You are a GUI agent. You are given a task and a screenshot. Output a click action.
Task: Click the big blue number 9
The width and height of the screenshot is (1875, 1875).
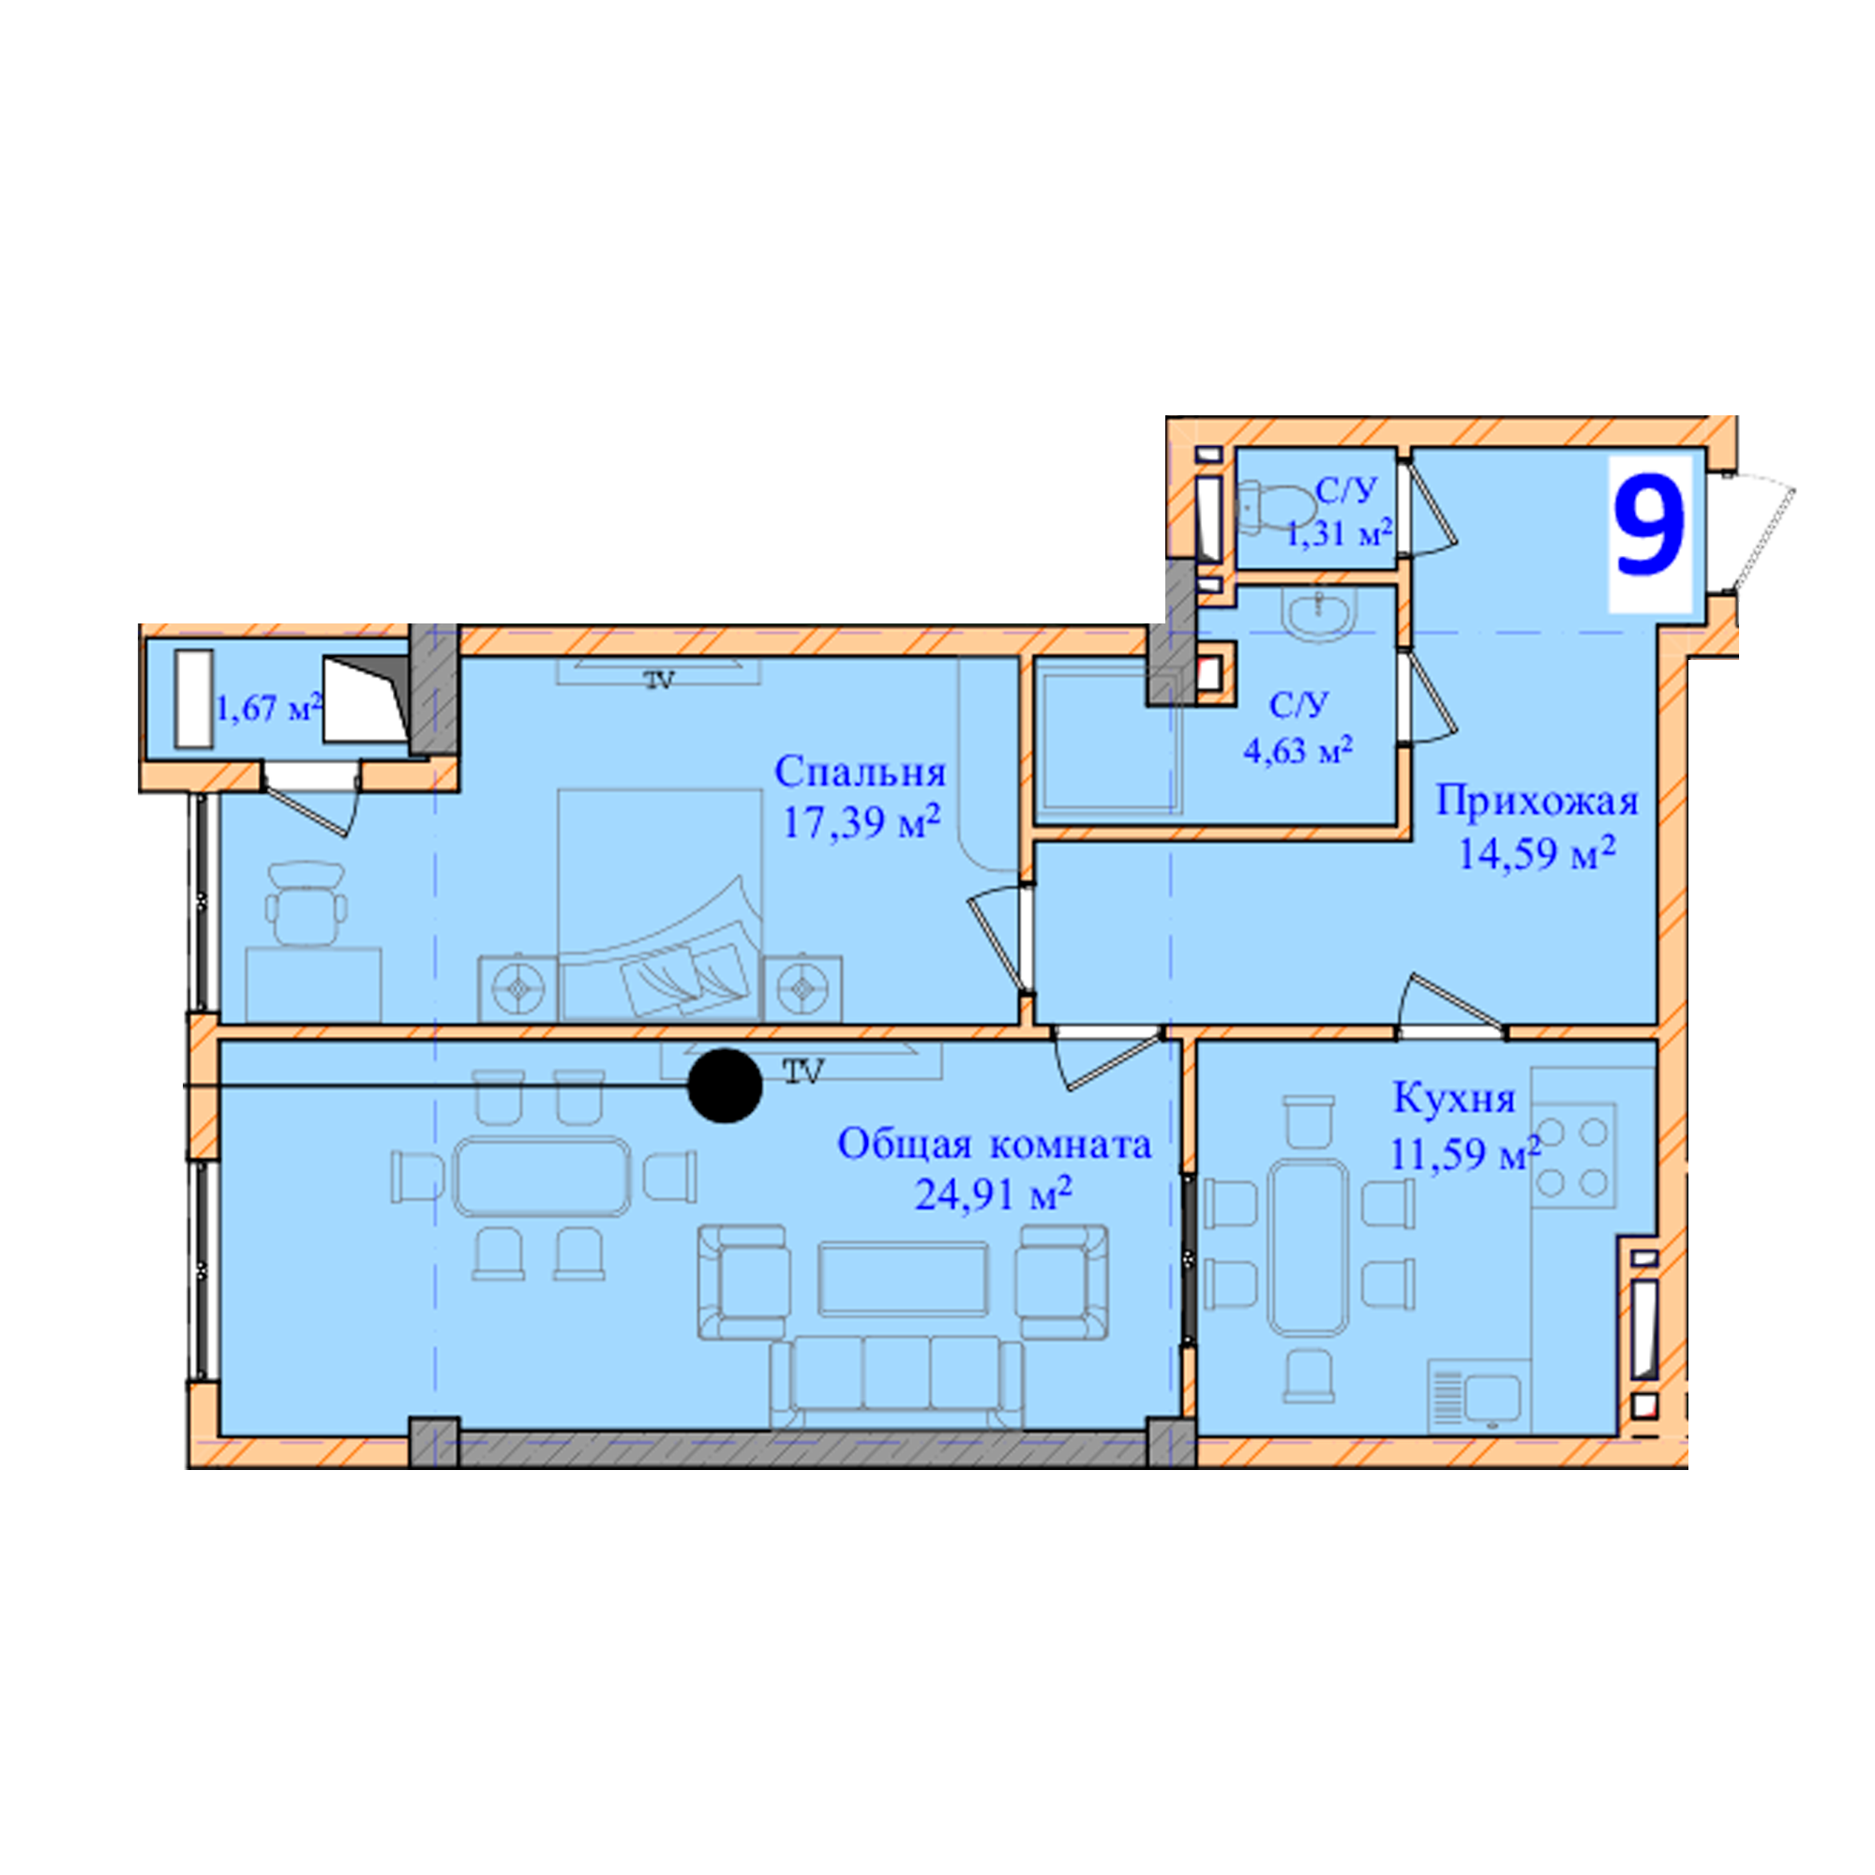tap(1649, 526)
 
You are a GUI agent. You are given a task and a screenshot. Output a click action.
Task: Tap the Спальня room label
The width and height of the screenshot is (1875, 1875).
tap(860, 772)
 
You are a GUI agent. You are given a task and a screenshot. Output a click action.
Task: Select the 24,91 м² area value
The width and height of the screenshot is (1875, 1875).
tap(993, 1193)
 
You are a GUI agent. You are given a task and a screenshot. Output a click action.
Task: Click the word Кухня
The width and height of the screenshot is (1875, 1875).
tap(1454, 1099)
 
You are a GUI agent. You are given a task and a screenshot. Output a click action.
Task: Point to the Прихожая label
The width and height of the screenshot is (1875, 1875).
tap(1537, 802)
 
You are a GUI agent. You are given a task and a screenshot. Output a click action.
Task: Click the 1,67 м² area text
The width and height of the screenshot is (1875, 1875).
tap(268, 708)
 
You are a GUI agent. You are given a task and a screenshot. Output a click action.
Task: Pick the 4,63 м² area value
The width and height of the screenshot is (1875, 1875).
tap(1297, 750)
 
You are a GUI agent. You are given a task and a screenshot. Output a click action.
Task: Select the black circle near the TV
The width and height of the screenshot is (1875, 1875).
tap(725, 1087)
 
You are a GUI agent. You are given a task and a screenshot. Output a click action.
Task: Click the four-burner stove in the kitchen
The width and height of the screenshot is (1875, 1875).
tap(1573, 1156)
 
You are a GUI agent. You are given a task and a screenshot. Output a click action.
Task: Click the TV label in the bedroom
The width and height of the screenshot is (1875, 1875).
tap(660, 681)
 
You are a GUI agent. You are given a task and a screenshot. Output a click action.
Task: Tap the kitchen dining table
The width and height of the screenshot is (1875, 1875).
tap(1308, 1249)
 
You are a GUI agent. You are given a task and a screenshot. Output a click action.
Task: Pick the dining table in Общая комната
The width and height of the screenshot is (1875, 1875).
tap(542, 1177)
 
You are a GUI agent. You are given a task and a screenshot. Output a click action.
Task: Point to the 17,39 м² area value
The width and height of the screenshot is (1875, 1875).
tap(862, 823)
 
